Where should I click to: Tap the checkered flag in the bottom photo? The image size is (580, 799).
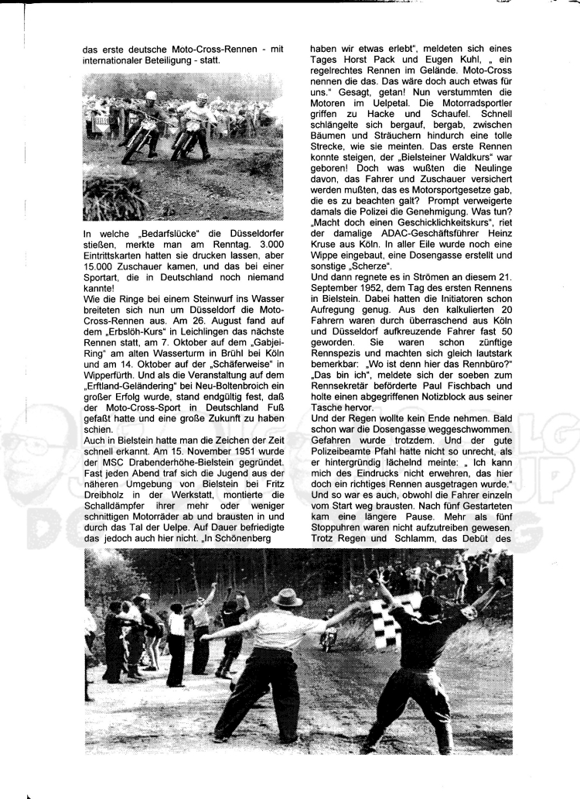click(397, 619)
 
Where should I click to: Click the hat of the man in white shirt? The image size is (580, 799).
click(287, 598)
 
